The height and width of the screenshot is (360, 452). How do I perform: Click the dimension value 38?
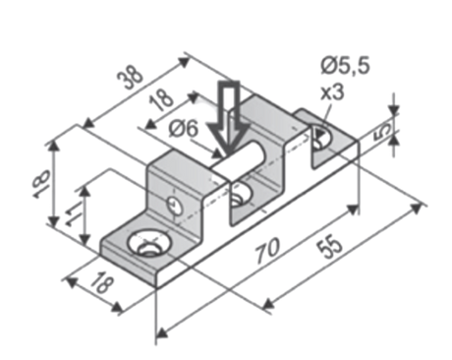[x=130, y=77]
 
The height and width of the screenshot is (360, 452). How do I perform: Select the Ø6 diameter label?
[x=184, y=129]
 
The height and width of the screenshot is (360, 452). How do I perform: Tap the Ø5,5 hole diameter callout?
[x=345, y=65]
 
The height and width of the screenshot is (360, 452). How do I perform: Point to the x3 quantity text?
[x=332, y=92]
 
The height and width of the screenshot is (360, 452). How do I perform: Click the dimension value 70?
[x=267, y=250]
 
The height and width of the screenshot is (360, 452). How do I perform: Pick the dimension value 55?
[x=329, y=246]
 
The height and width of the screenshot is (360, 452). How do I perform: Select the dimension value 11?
[x=73, y=213]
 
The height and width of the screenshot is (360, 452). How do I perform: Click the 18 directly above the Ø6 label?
[x=162, y=100]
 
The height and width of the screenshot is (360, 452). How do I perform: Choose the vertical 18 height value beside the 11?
[x=42, y=184]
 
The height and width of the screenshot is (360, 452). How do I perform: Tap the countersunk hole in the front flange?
[x=149, y=244]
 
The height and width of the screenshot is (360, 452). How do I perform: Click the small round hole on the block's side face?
[x=175, y=205]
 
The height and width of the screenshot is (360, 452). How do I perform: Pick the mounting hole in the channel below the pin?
[x=241, y=195]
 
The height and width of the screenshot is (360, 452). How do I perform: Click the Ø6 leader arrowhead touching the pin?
[x=217, y=153]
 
